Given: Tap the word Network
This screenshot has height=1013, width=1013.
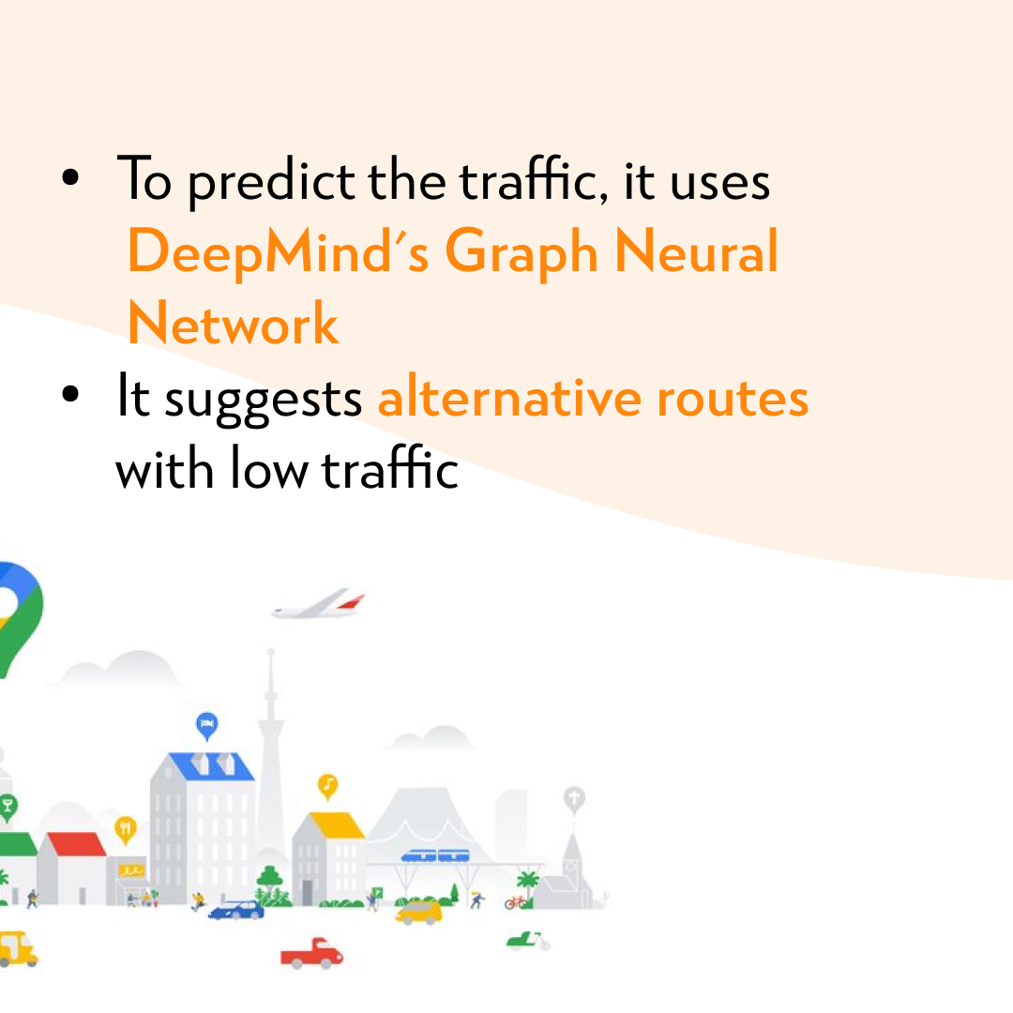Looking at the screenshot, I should pyautogui.click(x=233, y=325).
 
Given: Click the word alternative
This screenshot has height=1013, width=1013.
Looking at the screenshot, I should pyautogui.click(x=508, y=398).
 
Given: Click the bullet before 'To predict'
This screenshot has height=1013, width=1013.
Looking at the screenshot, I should pyautogui.click(x=70, y=177).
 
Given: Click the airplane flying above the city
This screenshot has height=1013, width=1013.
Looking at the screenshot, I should pyautogui.click(x=319, y=605).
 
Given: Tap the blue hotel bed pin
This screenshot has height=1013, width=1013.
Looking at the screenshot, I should pyautogui.click(x=206, y=724).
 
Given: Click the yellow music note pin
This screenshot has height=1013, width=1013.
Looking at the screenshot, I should pyautogui.click(x=327, y=784).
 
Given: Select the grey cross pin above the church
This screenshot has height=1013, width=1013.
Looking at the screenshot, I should pyautogui.click(x=573, y=799).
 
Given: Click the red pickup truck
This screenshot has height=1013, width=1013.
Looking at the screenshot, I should pyautogui.click(x=311, y=953).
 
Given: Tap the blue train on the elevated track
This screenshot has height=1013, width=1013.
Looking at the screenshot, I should pyautogui.click(x=434, y=855).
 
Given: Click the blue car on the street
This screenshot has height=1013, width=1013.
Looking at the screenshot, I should pyautogui.click(x=235, y=909).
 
